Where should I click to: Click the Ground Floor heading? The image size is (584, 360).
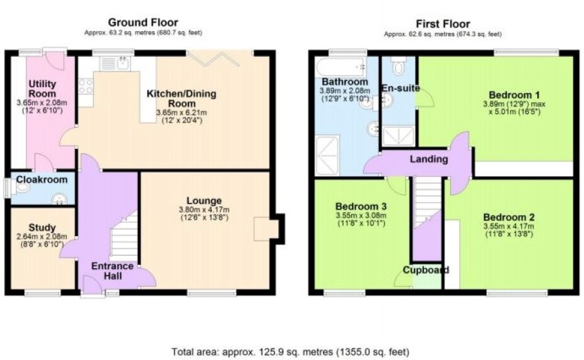pyautogui.click(x=143, y=22)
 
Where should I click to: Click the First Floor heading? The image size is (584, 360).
pyautogui.click(x=443, y=24)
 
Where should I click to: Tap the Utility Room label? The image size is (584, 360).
pyautogui.click(x=42, y=89)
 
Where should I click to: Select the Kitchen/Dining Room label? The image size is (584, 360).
pyautogui.click(x=181, y=98)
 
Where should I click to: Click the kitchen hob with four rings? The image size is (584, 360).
pyautogui.click(x=86, y=86)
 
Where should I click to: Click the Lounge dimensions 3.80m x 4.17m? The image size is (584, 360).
pyautogui.click(x=204, y=210)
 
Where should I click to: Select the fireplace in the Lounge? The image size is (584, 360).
pyautogui.click(x=266, y=229)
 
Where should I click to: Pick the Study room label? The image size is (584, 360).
pyautogui.click(x=42, y=227)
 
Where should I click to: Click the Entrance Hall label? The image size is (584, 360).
pyautogui.click(x=113, y=271)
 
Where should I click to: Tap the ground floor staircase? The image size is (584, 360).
pyautogui.click(x=124, y=235)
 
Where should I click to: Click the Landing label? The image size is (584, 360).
pyautogui.click(x=428, y=159)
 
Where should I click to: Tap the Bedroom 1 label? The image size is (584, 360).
pyautogui.click(x=514, y=95)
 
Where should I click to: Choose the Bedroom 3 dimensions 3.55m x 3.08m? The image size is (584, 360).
pyautogui.click(x=361, y=216)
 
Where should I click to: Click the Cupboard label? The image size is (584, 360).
pyautogui.click(x=426, y=270)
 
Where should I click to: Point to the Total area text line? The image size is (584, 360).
pyautogui.click(x=291, y=351)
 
